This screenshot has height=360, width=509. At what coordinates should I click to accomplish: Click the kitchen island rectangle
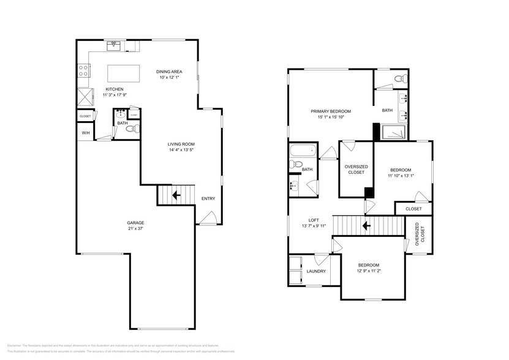pos(124,73)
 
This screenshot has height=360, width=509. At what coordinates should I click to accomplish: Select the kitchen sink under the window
pos(114,45)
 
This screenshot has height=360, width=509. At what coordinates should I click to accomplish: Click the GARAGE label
pos(135,222)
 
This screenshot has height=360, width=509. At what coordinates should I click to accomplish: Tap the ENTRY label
pos(208,198)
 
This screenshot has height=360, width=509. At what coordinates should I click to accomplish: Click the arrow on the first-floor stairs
pos(176,196)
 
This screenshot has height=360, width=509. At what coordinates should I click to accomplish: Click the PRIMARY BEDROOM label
pos(331,111)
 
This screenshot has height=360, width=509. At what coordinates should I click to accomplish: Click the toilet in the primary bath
pos(400,78)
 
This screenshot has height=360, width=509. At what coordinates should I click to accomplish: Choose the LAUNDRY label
pos(316,271)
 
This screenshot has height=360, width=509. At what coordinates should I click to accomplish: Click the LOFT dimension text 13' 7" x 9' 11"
pos(314,226)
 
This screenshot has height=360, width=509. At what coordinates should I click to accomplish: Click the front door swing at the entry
pos(206,217)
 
